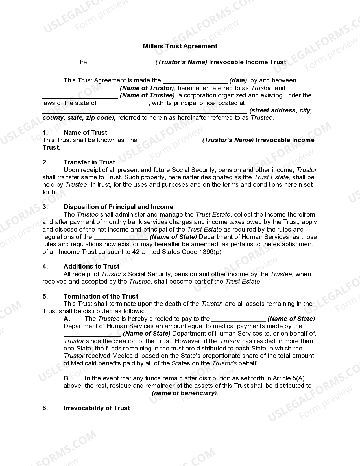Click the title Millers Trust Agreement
click(x=180, y=46)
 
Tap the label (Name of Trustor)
click(x=147, y=88)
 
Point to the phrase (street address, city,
click(x=281, y=110)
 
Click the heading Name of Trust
click(x=85, y=132)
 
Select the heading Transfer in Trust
click(x=89, y=162)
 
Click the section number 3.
click(x=45, y=207)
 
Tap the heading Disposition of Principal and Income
click(x=118, y=207)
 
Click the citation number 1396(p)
click(x=210, y=252)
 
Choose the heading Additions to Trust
click(x=91, y=266)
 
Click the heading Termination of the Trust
click(x=101, y=296)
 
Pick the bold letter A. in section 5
click(x=67, y=319)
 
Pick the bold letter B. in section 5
click(x=67, y=378)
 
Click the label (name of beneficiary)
click(x=185, y=393)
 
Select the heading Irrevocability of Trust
click(x=97, y=408)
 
